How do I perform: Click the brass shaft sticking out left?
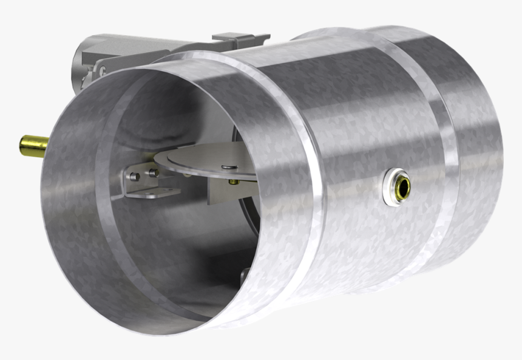pos(33,146)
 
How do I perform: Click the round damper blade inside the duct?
pos(200,159)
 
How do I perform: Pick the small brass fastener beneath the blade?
pos(233,181)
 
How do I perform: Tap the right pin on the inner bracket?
pos(152,173)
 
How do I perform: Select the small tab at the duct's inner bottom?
pos(244,276)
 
